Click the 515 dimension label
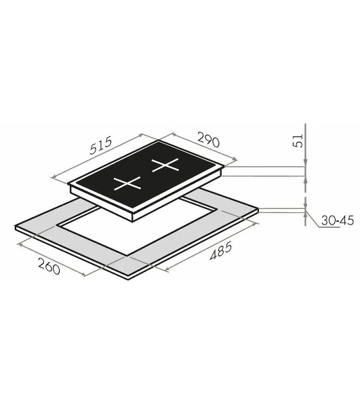click(100, 145)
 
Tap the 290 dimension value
click(209, 140)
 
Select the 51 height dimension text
click(298, 140)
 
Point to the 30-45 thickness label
click(338, 220)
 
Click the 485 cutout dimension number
click(221, 251)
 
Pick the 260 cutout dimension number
click(49, 267)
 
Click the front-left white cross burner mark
click(127, 183)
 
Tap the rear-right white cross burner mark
click(165, 165)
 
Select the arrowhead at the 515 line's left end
click(54, 177)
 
